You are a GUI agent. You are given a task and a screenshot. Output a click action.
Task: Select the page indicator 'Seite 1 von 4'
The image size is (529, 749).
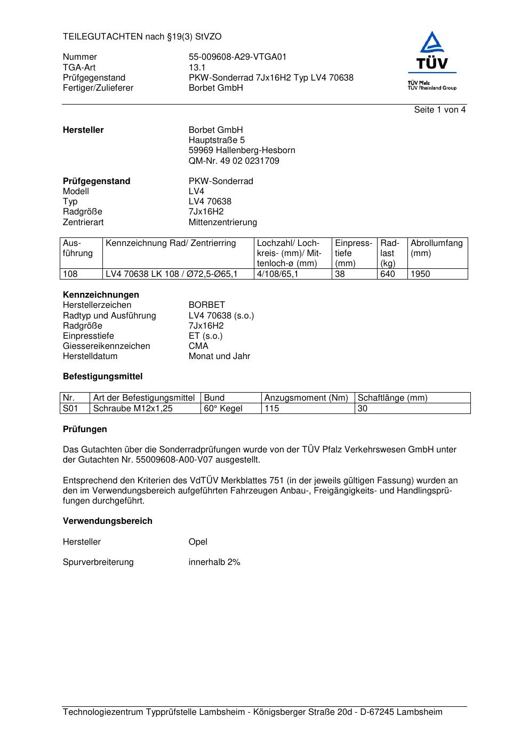point(439,110)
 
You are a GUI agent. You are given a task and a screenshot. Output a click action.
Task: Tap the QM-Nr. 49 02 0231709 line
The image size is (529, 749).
point(234,161)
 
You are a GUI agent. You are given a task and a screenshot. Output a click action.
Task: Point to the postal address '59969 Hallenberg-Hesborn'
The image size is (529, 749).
point(242,150)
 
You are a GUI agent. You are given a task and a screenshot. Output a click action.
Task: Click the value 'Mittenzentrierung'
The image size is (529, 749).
point(222,222)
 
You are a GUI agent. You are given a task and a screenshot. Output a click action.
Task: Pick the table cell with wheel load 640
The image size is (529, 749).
point(388,274)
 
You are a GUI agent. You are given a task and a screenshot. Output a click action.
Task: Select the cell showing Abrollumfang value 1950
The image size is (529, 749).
point(420,274)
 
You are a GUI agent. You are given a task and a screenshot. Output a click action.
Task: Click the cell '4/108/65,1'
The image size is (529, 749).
point(278,274)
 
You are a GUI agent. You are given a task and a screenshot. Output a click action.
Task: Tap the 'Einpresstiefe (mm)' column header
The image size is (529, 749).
point(353,253)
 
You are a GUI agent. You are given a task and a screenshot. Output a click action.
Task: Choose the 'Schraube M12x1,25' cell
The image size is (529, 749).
point(133,409)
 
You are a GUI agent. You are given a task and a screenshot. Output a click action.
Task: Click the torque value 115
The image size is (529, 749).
point(272,409)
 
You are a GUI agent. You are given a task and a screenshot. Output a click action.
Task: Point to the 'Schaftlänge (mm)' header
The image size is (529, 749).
point(392,398)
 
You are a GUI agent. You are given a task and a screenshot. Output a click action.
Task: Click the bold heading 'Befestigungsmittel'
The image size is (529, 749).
point(102,377)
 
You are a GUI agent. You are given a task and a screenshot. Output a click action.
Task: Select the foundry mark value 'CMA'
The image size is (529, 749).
point(198,346)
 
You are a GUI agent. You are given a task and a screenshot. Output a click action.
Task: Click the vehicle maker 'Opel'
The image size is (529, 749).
point(198,542)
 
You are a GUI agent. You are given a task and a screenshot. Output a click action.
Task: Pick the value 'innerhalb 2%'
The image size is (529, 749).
point(214,562)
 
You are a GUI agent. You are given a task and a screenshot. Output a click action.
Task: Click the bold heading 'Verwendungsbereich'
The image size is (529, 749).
point(107,521)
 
